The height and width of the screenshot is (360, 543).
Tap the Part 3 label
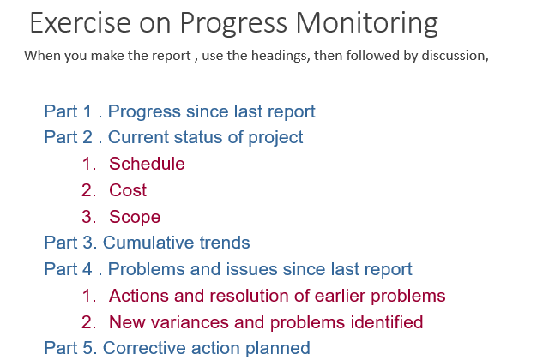[69, 243]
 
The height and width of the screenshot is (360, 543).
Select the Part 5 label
[69, 348]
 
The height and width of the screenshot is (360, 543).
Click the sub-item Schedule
[147, 164]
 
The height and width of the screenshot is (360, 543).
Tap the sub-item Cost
[128, 190]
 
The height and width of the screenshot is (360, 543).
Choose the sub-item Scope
[135, 217]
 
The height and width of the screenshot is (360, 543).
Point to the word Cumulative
[147, 243]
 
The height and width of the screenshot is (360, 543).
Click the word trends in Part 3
[223, 243]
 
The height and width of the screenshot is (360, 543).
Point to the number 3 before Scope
[87, 217]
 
